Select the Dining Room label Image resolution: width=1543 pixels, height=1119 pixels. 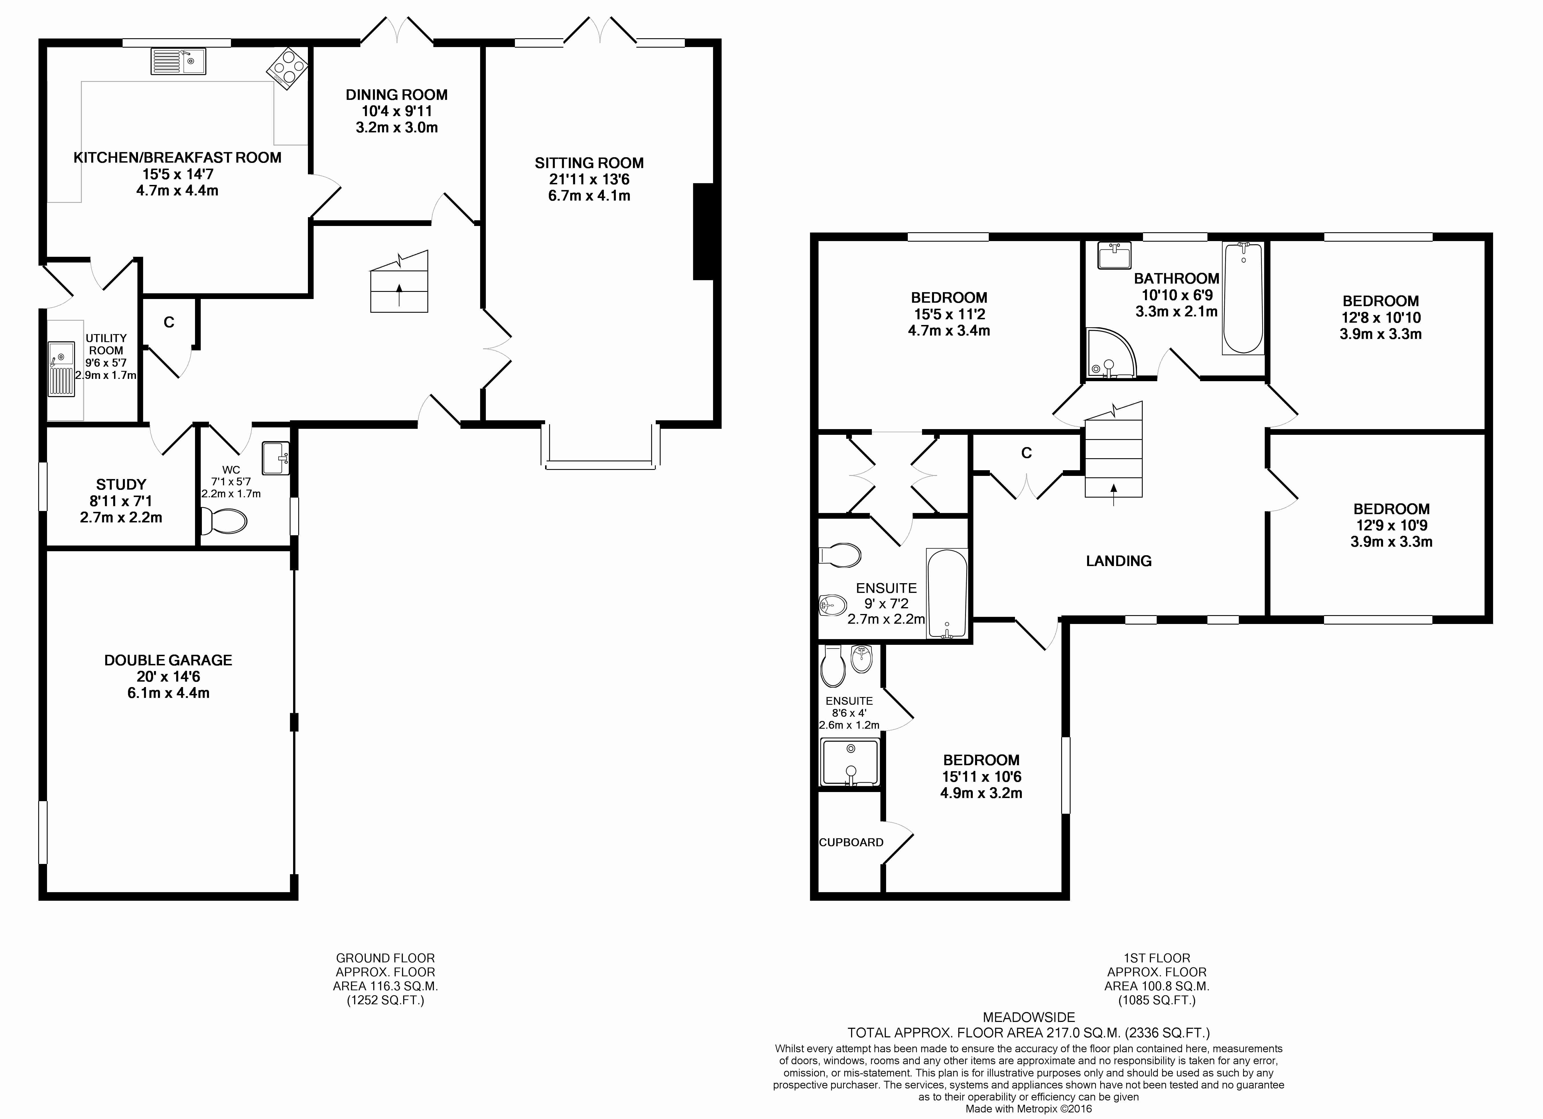pyautogui.click(x=397, y=95)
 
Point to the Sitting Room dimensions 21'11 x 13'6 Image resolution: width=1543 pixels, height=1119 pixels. pyautogui.click(x=589, y=179)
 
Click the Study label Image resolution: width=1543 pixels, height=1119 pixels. pyautogui.click(x=121, y=485)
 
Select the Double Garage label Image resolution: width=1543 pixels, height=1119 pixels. pyautogui.click(x=168, y=660)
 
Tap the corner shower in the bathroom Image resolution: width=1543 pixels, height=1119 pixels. pyautogui.click(x=1111, y=353)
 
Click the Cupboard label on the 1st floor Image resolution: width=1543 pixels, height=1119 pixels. pyautogui.click(x=851, y=842)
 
